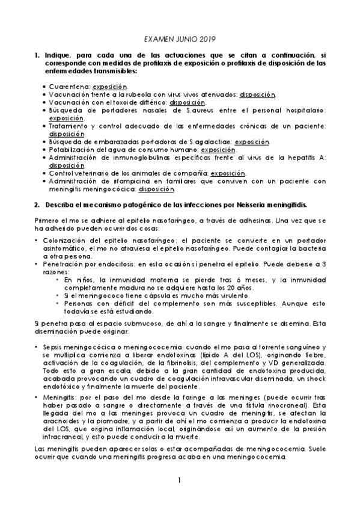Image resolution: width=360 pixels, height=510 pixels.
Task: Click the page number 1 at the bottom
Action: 179,481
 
